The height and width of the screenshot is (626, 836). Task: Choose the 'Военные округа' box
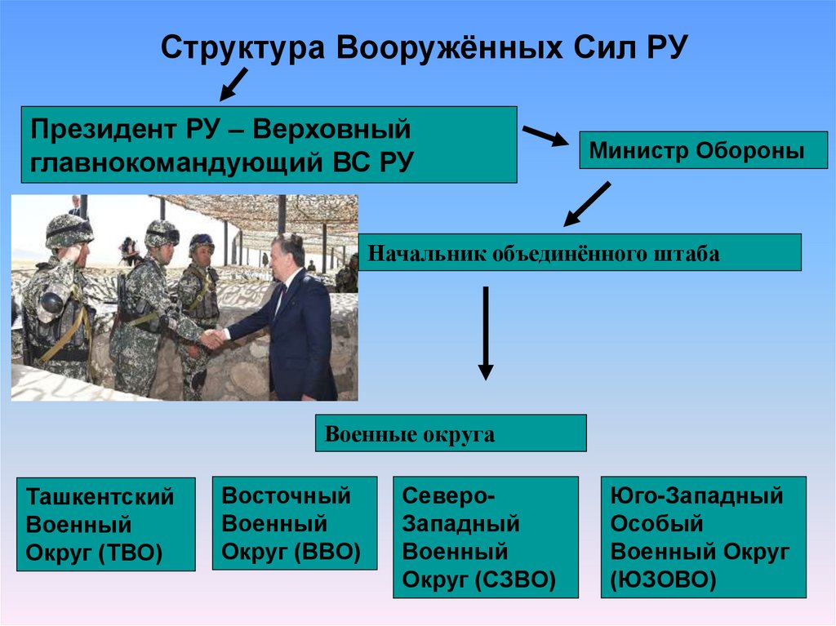coord(450,433)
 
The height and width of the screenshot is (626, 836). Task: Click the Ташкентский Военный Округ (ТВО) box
coord(106,524)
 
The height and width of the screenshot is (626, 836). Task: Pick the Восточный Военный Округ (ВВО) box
coord(294,522)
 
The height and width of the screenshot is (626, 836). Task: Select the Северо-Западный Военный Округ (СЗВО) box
coord(485,537)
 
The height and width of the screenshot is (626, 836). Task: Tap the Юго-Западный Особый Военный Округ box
coord(703,537)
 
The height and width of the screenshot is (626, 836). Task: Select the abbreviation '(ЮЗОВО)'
coord(663,579)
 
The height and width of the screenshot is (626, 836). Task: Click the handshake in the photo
coord(213,338)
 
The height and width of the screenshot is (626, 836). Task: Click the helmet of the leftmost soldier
coord(69,230)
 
